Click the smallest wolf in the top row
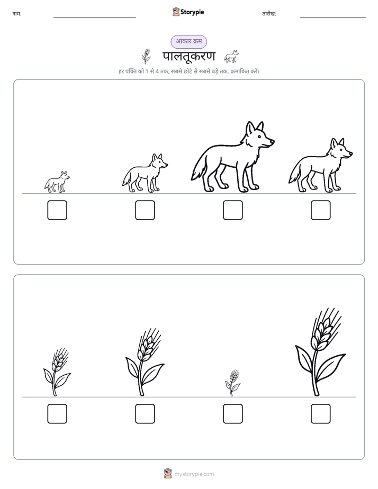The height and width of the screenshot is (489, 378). [x=57, y=182]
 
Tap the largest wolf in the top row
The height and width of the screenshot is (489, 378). [x=232, y=157]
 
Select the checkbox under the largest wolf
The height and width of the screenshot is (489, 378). [x=232, y=210]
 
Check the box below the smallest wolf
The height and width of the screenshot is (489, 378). [x=57, y=210]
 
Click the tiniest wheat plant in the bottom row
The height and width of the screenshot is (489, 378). [x=232, y=383]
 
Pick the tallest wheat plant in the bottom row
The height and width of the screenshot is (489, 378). [x=320, y=352]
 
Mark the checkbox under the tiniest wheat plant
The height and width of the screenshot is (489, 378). [x=232, y=414]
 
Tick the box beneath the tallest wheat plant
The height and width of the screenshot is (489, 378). [x=321, y=414]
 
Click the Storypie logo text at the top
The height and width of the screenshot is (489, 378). [x=192, y=12]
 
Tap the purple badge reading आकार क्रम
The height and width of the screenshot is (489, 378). [x=188, y=41]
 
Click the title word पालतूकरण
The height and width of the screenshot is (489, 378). [x=188, y=57]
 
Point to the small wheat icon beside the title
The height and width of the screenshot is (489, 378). [x=146, y=56]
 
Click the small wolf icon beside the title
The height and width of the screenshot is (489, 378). [x=231, y=56]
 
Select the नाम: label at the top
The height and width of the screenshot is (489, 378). [x=17, y=14]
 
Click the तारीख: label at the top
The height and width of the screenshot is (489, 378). [x=269, y=14]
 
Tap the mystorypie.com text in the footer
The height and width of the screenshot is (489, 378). [x=194, y=474]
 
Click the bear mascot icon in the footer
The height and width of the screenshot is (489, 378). [x=168, y=474]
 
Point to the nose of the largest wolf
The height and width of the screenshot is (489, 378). [x=273, y=141]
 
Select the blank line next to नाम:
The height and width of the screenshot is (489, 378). [x=94, y=18]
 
